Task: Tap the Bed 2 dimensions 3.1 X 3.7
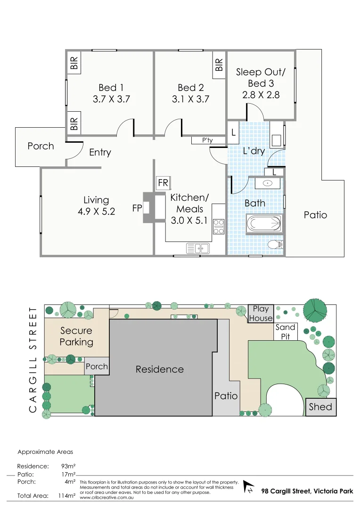[190, 99]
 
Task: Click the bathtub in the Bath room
[264, 223]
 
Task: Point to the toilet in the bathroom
[274, 245]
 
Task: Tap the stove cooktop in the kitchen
[218, 227]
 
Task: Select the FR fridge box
[164, 182]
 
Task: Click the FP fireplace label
[137, 207]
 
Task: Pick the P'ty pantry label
[207, 140]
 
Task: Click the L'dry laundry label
[254, 151]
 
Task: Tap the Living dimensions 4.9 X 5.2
[96, 212]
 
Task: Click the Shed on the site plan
[320, 407]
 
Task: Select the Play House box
[261, 313]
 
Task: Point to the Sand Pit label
[285, 332]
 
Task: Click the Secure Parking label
[76, 336]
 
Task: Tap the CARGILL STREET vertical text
[33, 360]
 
